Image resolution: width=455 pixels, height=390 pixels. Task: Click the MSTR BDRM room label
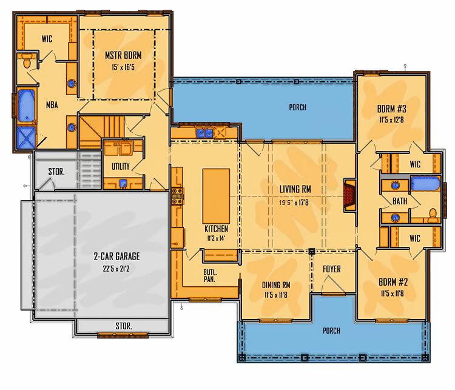[123, 55]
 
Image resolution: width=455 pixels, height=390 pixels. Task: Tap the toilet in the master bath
[27, 62]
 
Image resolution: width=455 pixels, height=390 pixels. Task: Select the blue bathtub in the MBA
[27, 106]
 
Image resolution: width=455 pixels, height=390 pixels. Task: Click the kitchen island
[216, 196]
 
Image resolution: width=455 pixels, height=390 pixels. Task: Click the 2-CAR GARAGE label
[116, 256]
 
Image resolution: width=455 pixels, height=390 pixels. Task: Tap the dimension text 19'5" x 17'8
[294, 203]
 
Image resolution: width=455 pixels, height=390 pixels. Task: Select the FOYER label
[332, 269]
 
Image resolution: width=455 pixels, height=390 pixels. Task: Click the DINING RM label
[276, 285]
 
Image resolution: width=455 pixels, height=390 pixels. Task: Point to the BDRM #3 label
[392, 109]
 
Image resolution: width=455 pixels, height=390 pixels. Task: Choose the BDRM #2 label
[393, 282]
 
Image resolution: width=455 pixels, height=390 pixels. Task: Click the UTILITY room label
[121, 167]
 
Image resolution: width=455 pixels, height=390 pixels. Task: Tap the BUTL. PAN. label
[210, 276]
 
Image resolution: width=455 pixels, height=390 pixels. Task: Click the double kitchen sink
[205, 133]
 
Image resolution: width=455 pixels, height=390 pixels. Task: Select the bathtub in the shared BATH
[425, 184]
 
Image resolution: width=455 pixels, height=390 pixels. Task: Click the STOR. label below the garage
[124, 326]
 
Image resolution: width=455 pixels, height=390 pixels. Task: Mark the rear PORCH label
[298, 107]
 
